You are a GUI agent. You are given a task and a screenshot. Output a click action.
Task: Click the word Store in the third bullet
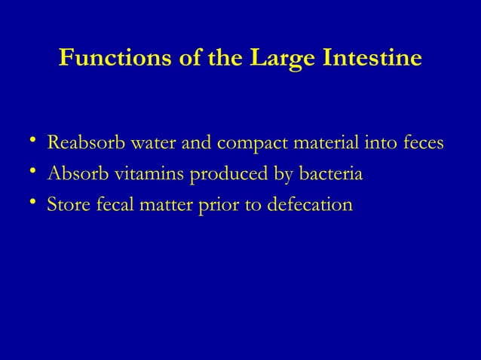[66, 205]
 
